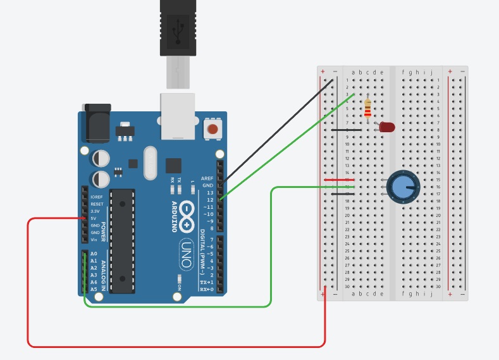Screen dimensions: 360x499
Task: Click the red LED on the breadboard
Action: tap(386, 127)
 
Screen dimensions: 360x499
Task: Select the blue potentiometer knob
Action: tap(402, 187)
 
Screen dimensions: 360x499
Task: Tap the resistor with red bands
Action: tap(367, 109)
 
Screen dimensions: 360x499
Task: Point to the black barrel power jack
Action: tap(96, 121)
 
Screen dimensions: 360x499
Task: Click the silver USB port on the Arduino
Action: tap(177, 116)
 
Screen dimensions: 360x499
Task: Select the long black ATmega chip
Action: tap(122, 241)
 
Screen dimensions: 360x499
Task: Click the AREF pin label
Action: tap(207, 178)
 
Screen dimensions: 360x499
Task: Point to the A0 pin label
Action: tap(94, 254)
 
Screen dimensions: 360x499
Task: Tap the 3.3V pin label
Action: tap(96, 211)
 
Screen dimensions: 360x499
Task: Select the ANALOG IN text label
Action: tap(103, 271)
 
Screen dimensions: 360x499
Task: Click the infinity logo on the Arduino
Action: tap(188, 216)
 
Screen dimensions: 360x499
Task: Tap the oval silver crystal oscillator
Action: tap(150, 163)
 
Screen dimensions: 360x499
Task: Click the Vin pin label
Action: tap(94, 239)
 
